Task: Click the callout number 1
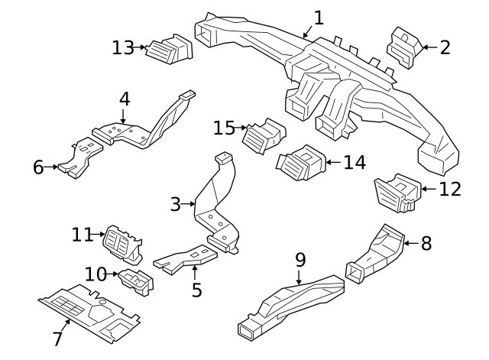point(319,18)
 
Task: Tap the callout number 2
point(445,47)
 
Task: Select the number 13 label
point(122,47)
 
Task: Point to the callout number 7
point(57,339)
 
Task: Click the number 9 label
point(300,260)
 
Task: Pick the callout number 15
point(224,128)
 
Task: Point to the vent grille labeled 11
point(121,241)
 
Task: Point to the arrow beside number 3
point(189,204)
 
